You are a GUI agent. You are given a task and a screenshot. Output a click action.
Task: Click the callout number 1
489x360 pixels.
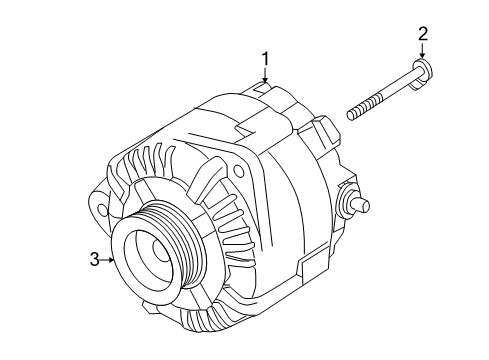tap(265, 58)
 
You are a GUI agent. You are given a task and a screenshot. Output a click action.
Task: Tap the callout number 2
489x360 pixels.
tap(423, 34)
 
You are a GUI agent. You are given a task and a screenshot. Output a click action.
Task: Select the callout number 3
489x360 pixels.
tap(94, 260)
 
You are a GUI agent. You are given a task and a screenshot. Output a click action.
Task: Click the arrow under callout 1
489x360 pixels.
tap(265, 76)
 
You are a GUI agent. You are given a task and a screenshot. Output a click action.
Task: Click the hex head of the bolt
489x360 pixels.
tap(422, 69)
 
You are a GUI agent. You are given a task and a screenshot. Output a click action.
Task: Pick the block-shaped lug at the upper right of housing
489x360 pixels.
tap(325, 128)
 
